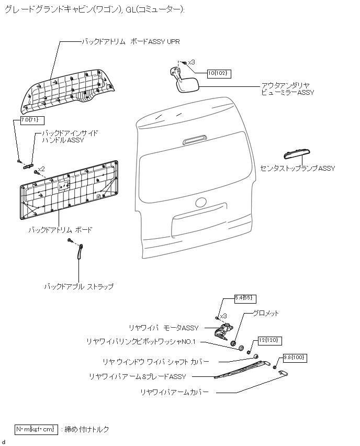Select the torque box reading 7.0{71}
(x=29, y=120)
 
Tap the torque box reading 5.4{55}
(x=244, y=298)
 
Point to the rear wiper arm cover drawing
(x=284, y=373)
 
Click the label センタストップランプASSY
(x=297, y=169)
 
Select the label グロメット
(x=266, y=313)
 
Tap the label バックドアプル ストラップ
(x=78, y=287)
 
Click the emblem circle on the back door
(x=201, y=203)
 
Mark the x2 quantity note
(x=40, y=169)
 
